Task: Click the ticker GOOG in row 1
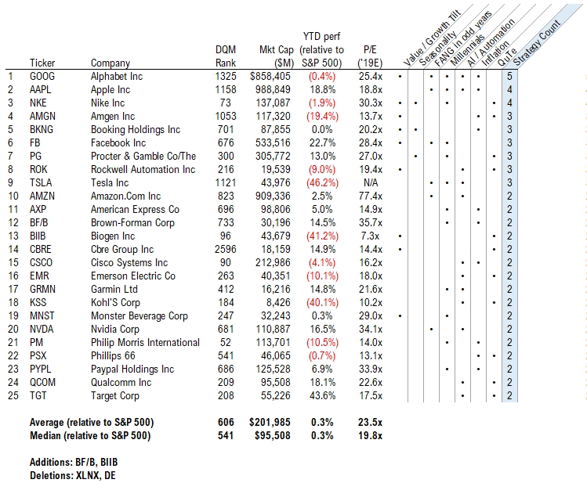coord(42,76)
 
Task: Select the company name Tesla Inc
coord(109,183)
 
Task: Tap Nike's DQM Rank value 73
coord(226,103)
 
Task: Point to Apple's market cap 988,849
coord(273,90)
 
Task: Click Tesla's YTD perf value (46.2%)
coord(322,183)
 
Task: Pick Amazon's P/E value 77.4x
coord(371,196)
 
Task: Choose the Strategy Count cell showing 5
coord(509,76)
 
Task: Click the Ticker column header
coord(42,63)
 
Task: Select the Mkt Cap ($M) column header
coord(277,56)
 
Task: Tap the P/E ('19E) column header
coord(370,56)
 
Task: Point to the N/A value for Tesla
coord(371,183)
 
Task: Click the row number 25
coord(13,395)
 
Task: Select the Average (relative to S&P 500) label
coord(92,423)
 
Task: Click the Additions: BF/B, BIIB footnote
coord(74,463)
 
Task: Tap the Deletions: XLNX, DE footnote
coord(73,476)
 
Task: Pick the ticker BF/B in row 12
coord(39,223)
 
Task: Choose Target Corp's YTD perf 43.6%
coord(322,395)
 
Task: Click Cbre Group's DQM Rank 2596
coord(226,250)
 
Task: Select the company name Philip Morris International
coord(145,342)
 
